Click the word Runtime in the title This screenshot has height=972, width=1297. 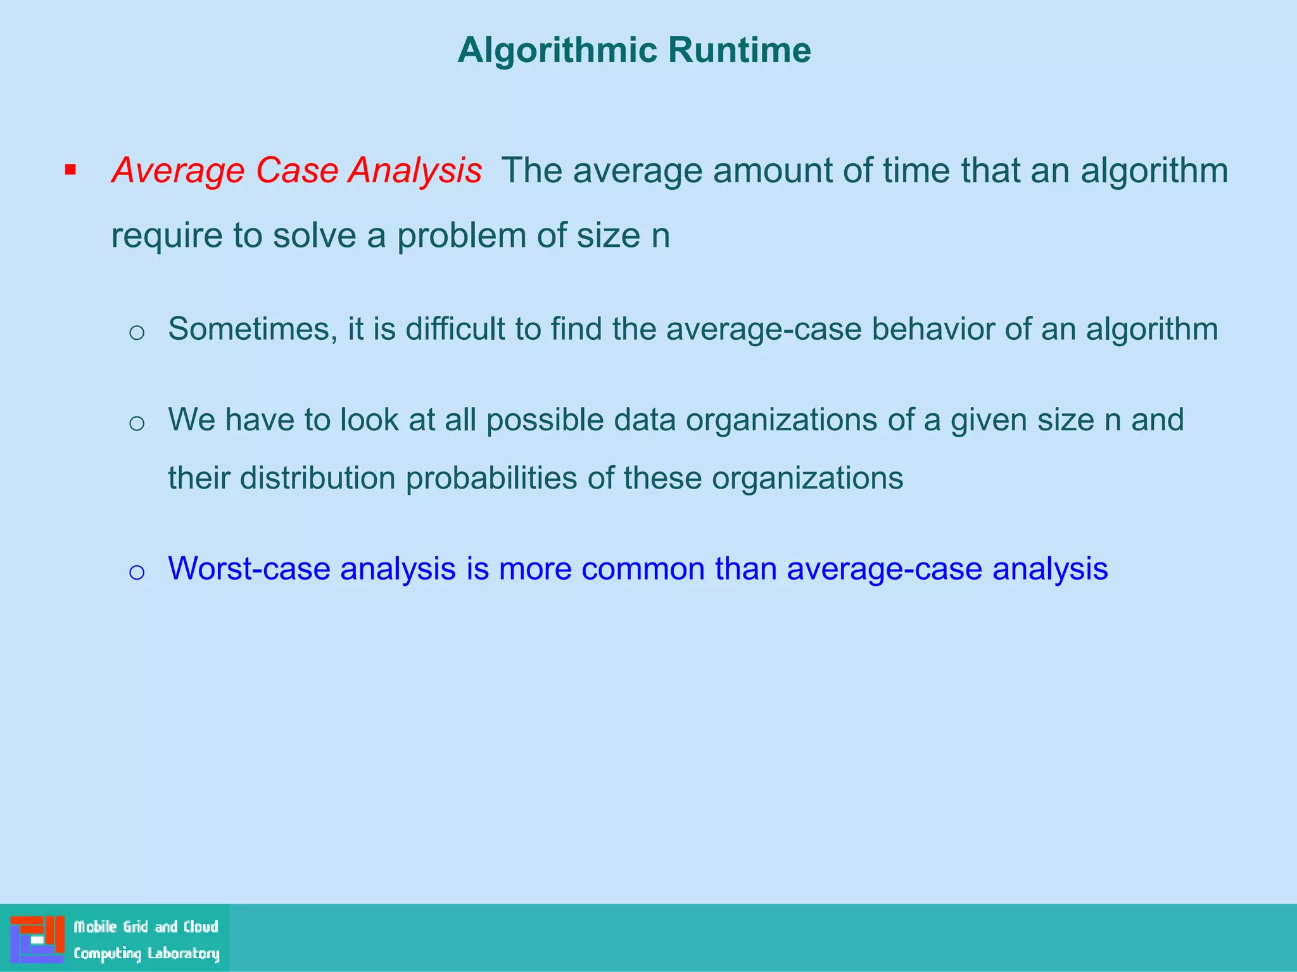click(x=739, y=50)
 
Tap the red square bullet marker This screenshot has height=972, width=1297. click(x=70, y=170)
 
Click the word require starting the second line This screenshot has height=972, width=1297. click(x=167, y=237)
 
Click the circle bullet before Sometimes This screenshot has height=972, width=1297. click(x=137, y=333)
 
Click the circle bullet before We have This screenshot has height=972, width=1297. click(x=137, y=423)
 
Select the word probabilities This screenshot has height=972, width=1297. click(x=491, y=478)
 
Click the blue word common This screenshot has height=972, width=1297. click(x=643, y=569)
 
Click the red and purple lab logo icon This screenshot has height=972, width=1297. click(x=37, y=939)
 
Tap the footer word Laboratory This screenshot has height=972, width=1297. click(x=183, y=954)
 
